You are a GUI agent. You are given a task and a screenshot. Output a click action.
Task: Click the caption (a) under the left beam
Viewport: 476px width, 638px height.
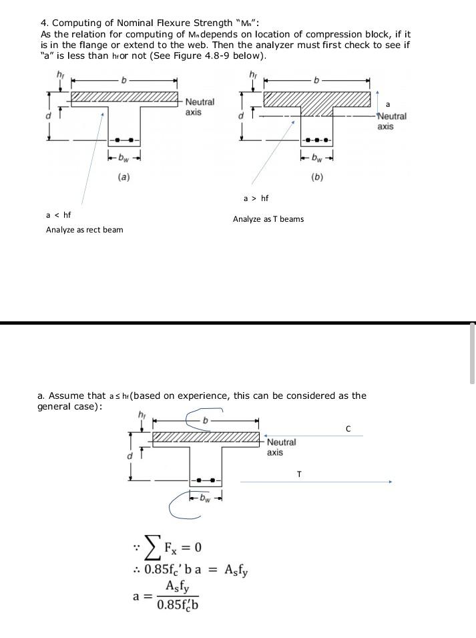coord(124,177)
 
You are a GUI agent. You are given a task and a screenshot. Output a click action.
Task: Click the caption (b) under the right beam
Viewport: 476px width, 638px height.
coord(317,177)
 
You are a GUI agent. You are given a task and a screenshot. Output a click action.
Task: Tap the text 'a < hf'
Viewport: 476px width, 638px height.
coord(58,214)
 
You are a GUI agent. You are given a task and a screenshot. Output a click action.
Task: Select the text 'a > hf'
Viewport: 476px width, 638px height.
coord(256,198)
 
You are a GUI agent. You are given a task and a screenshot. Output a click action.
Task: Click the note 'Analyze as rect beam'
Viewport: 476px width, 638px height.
coord(84,230)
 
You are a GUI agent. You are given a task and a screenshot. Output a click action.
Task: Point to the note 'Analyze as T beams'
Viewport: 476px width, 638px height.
coord(268,219)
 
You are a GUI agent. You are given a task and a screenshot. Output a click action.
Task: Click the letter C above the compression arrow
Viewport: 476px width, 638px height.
coord(348,428)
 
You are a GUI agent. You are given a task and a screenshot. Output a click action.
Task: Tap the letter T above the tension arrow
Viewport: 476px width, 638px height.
coord(298,474)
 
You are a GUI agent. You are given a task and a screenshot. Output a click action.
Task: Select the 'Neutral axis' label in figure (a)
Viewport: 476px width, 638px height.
coord(200,107)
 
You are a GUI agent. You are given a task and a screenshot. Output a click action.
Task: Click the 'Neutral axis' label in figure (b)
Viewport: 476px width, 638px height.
coord(391,121)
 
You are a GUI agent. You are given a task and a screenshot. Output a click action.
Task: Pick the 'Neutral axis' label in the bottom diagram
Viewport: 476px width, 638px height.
coord(281,447)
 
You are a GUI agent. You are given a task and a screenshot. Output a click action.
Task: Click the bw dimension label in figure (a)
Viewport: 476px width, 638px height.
coord(124,158)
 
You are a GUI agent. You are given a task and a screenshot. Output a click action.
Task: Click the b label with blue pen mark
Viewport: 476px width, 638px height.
coord(206,422)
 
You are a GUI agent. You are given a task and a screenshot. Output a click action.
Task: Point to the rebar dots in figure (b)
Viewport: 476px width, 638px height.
coord(317,140)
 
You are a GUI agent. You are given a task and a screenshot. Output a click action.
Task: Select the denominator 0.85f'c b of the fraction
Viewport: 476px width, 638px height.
coord(178,606)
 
